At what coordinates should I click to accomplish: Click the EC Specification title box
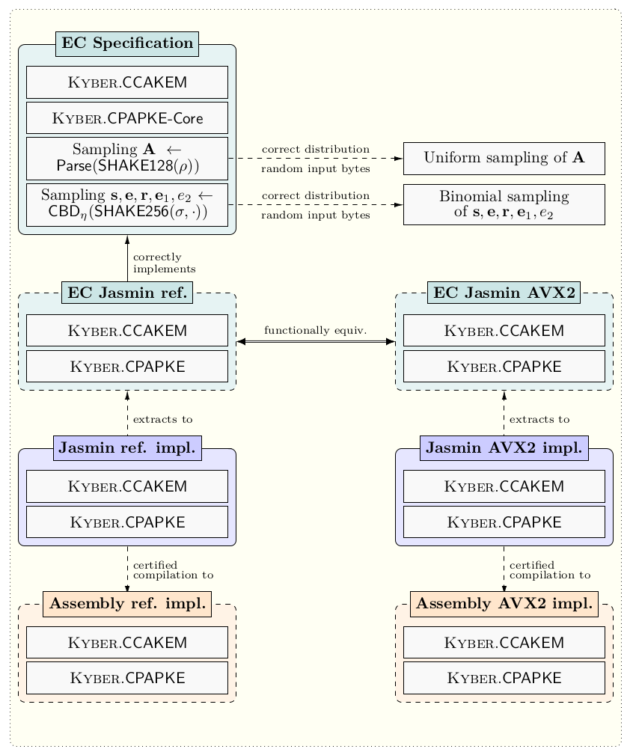[x=126, y=44]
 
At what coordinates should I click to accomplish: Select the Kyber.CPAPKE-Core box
[x=126, y=118]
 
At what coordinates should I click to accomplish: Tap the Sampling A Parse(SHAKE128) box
[x=126, y=158]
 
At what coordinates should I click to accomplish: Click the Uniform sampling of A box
[x=504, y=158]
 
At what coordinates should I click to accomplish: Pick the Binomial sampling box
[x=504, y=204]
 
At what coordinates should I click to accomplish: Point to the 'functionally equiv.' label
[x=315, y=331]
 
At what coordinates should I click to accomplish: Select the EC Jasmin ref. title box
[x=126, y=293]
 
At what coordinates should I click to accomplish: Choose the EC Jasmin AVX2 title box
[x=504, y=293]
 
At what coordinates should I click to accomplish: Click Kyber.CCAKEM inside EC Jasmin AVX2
[x=504, y=331]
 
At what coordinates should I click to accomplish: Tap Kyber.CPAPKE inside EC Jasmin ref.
[x=126, y=367]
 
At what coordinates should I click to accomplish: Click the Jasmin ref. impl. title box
[x=126, y=449]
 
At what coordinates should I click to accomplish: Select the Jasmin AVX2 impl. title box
[x=504, y=449]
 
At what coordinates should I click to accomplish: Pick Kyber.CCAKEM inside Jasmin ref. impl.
[x=126, y=486]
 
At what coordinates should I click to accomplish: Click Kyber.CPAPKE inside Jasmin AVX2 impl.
[x=504, y=522]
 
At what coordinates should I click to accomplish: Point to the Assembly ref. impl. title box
[x=126, y=604]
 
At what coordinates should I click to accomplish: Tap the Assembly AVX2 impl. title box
[x=504, y=604]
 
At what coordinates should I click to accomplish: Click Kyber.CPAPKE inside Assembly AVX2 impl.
[x=504, y=678]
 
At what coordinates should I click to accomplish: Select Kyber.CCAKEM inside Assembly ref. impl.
[x=126, y=642]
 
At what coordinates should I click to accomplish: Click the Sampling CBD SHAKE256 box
[x=126, y=204]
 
